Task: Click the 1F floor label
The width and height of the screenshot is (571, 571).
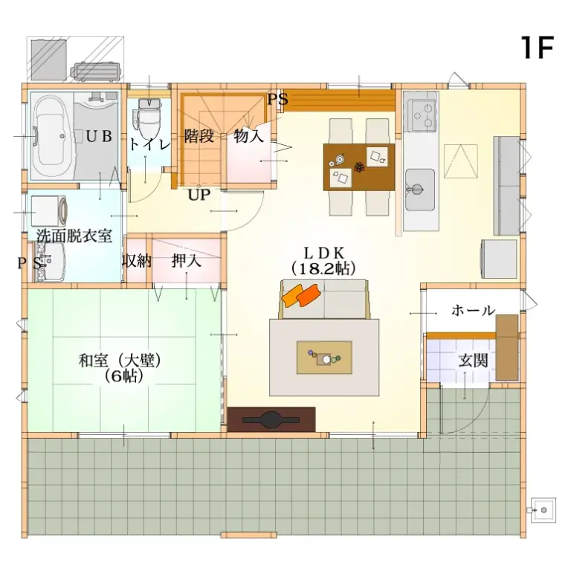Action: (537, 48)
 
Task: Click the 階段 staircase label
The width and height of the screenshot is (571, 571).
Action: (199, 136)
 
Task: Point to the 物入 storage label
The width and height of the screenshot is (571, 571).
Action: (248, 136)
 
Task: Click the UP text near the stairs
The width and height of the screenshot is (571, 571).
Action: (199, 196)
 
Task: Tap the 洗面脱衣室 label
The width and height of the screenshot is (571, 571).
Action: (74, 236)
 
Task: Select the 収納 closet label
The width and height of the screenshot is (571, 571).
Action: (137, 261)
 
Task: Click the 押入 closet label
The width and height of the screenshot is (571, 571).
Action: (184, 261)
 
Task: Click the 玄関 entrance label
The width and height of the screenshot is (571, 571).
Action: (473, 362)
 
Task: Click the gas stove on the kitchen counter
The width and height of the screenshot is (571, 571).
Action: (422, 113)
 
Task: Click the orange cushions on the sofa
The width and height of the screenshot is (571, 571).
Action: (300, 297)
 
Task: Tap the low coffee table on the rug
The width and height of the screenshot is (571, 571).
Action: (324, 358)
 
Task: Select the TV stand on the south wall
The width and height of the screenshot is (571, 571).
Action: (271, 419)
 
